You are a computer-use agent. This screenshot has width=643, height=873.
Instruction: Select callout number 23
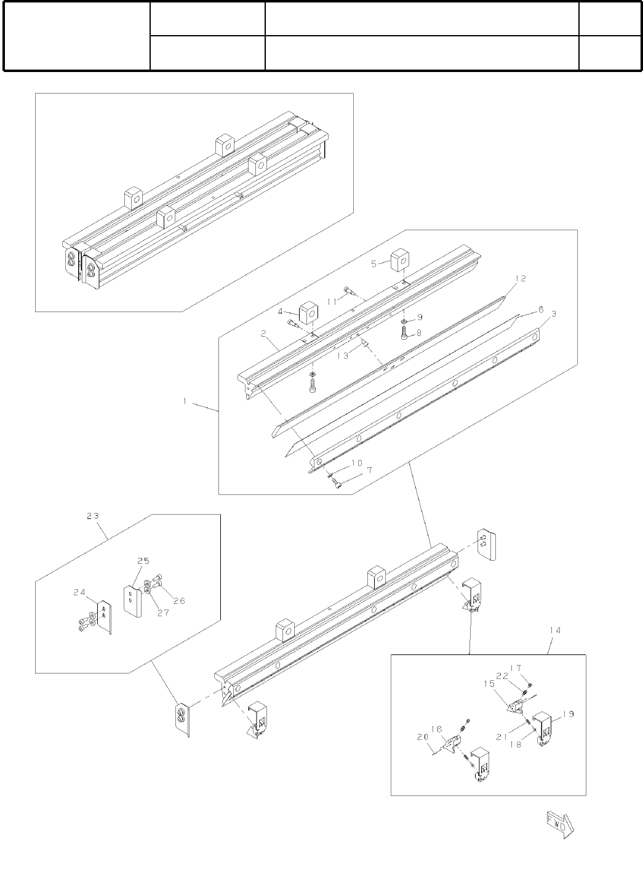point(93,517)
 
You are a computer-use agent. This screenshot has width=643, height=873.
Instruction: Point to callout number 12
point(520,278)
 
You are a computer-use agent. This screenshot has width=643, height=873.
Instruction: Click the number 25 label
point(143,561)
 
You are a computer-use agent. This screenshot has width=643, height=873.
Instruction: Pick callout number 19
point(567,714)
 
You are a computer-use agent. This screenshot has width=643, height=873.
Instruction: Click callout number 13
point(342,355)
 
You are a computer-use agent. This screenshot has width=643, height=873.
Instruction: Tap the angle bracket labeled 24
point(105,616)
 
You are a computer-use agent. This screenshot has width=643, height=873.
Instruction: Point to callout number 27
point(164,613)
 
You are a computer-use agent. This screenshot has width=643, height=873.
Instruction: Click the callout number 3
point(553,314)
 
